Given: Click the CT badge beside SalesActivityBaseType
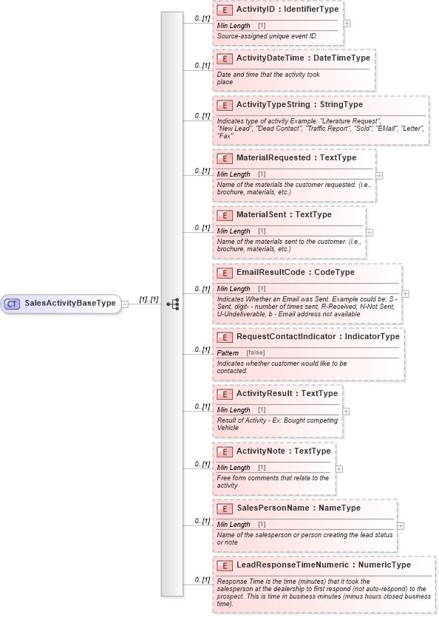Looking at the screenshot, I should tap(13, 304).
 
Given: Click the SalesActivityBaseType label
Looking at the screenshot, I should tap(69, 304).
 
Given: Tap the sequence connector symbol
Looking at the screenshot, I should tap(173, 304).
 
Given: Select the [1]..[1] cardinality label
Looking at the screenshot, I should tap(149, 299).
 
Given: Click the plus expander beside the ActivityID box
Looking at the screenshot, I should tap(347, 23).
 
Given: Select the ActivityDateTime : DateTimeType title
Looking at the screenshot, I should tap(303, 58).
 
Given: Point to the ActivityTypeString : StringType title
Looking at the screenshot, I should tap(299, 105).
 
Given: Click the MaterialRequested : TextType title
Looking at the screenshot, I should tap(296, 157).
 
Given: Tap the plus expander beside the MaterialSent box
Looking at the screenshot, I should tap(370, 232).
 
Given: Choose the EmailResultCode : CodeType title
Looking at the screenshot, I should tap(295, 272).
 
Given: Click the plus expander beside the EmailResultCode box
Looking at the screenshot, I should tap(405, 293).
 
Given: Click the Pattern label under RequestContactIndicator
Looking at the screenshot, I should tap(228, 353).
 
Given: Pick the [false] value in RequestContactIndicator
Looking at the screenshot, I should tap(255, 353).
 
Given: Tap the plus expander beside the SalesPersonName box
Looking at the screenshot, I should tap(401, 525).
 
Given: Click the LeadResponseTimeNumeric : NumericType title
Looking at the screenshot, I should tap(323, 565).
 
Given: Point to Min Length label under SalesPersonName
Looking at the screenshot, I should tap(234, 525).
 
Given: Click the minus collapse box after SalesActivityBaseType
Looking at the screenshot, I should tap(125, 304).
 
